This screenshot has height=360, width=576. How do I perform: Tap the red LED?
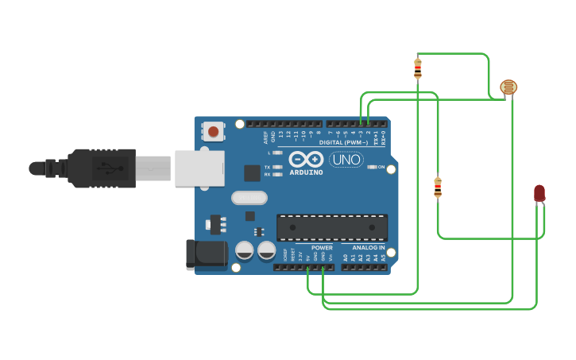(x=539, y=193)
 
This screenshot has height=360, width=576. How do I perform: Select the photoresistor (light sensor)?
(x=508, y=87)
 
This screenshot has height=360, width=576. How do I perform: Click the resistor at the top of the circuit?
(x=418, y=69)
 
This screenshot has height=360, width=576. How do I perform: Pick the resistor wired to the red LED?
(x=438, y=188)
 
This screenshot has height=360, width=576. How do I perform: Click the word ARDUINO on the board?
(x=306, y=172)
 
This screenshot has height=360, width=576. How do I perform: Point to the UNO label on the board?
(x=346, y=160)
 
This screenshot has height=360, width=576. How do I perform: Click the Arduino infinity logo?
(x=306, y=159)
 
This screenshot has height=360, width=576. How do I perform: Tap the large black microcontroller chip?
(x=332, y=227)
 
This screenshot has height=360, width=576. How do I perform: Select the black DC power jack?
(x=205, y=254)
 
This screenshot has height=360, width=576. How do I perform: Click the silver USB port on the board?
(x=199, y=168)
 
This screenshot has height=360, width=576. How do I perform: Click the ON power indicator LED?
(x=371, y=167)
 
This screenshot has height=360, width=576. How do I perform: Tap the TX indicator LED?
(x=276, y=167)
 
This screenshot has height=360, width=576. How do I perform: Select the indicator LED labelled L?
(x=276, y=153)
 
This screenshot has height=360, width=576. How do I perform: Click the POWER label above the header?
(x=322, y=248)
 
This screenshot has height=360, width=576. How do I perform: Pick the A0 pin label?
(x=346, y=257)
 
